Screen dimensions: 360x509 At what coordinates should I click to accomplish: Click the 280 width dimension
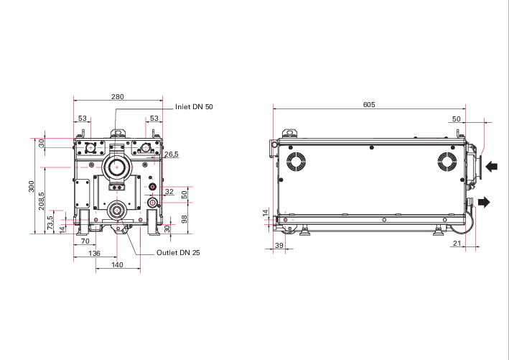(118, 96)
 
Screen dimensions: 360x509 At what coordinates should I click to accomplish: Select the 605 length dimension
(368, 104)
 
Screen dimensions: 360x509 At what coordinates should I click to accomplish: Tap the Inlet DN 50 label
(194, 106)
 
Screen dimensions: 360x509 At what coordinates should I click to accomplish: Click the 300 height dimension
(31, 185)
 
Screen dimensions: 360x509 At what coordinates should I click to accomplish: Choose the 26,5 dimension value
(171, 154)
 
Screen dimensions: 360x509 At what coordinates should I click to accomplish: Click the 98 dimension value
(184, 218)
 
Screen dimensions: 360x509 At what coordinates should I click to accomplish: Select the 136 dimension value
(94, 254)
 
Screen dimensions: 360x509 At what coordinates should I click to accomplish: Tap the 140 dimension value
(117, 265)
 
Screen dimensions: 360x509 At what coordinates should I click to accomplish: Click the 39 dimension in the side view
(279, 246)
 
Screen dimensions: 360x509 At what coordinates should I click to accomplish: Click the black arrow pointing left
(492, 167)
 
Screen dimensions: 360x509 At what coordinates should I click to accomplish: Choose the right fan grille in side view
(447, 162)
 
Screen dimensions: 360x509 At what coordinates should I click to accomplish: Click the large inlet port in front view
(115, 168)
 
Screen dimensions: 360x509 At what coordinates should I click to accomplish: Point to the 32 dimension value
(169, 192)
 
